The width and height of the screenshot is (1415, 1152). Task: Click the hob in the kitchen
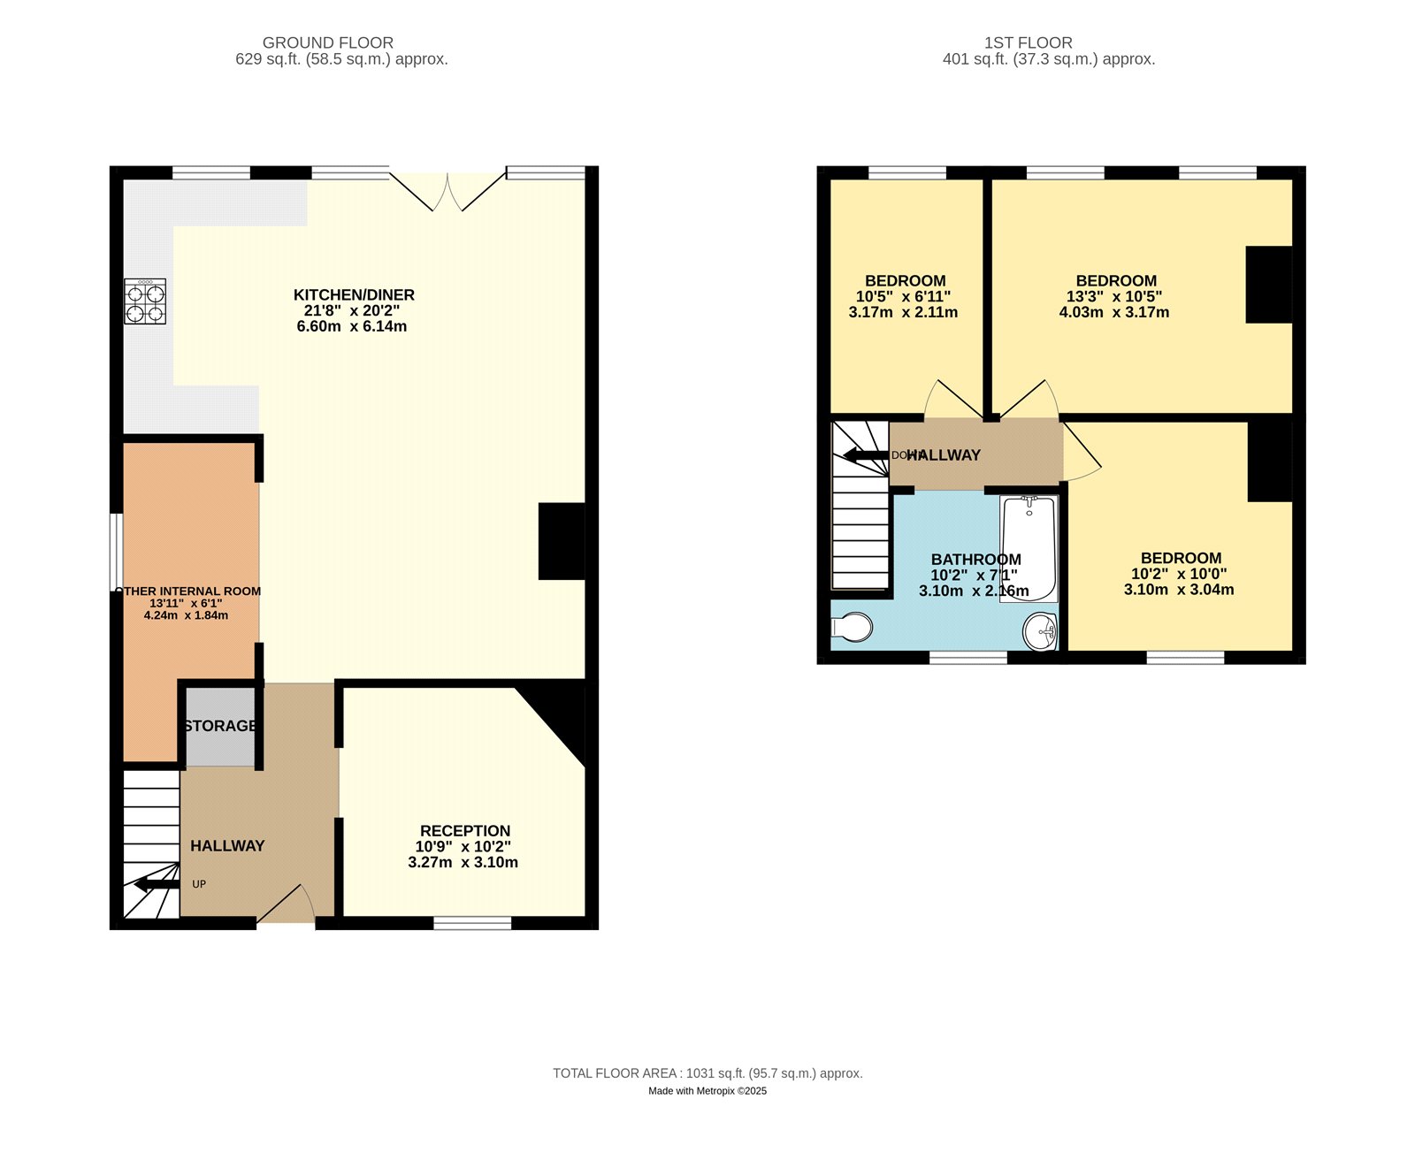[x=145, y=301]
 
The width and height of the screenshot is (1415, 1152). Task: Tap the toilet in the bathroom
[x=852, y=627]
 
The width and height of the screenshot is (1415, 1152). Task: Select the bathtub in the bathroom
[x=1029, y=548]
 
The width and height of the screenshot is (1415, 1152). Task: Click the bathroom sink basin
[x=1040, y=631]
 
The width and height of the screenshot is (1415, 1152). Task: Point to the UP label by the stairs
[x=199, y=884]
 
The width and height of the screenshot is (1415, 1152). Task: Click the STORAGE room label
[x=220, y=726]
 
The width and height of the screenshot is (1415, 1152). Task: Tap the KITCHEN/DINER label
[x=354, y=294]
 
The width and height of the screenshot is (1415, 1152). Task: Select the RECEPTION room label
[x=465, y=831]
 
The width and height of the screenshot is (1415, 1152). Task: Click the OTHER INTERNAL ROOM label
[x=188, y=591]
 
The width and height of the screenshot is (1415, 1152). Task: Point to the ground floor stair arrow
[x=157, y=884]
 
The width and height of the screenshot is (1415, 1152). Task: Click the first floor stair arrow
[x=866, y=455]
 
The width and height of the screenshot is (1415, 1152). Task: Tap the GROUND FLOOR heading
[x=328, y=42]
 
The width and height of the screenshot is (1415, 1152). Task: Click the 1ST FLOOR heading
[x=1029, y=42]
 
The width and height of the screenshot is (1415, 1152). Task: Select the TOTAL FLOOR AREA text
[x=707, y=1073]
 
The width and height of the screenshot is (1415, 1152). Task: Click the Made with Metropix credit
[x=707, y=1091]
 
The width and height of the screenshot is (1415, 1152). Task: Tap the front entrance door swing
[x=287, y=904]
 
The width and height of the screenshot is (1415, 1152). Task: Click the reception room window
[x=472, y=923]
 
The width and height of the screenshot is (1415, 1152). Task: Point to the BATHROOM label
[x=975, y=559]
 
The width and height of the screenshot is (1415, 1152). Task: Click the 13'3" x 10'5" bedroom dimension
[x=1114, y=297]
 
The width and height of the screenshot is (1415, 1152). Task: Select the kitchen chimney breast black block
[x=562, y=541]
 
